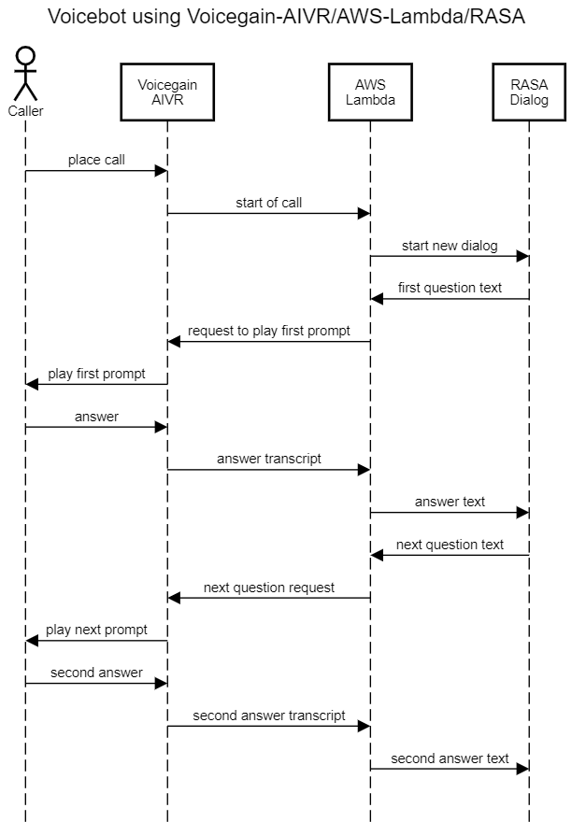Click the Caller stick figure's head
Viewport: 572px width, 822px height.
[25, 56]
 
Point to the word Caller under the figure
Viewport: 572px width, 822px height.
[25, 111]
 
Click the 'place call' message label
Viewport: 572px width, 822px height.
[96, 160]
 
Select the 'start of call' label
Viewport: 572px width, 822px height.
[268, 203]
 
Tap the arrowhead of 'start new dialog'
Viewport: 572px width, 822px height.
[522, 256]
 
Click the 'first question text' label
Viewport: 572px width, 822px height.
[450, 288]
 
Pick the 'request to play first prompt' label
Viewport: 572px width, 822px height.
[268, 331]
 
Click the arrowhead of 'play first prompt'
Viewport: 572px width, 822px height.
[32, 384]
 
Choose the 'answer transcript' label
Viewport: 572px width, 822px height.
[268, 459]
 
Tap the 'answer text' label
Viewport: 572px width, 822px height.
[450, 502]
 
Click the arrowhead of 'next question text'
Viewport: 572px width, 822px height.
[377, 555]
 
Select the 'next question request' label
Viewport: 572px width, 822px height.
[268, 588]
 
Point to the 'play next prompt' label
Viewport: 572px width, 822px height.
[96, 630]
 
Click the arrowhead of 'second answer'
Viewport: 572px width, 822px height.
[161, 684]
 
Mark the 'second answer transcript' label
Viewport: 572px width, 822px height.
[268, 716]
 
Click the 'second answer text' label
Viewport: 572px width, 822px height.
[450, 758]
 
